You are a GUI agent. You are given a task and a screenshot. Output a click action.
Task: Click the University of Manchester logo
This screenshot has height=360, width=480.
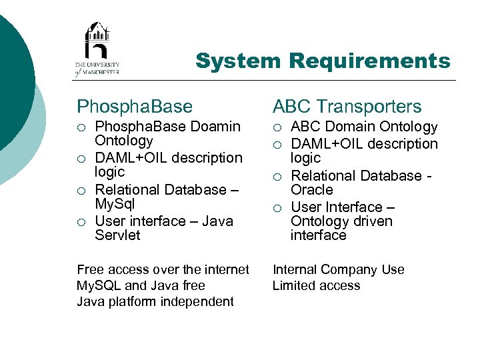pyautogui.click(x=97, y=48)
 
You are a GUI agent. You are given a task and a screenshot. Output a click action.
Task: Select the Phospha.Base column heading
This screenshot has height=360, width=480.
pyautogui.click(x=135, y=106)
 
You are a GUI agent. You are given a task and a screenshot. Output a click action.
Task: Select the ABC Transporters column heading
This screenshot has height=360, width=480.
pyautogui.click(x=347, y=106)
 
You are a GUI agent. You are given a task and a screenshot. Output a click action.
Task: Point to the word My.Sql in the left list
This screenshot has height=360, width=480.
pyautogui.click(x=115, y=203)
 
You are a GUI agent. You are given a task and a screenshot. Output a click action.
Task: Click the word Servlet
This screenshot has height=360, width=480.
pyautogui.click(x=117, y=235)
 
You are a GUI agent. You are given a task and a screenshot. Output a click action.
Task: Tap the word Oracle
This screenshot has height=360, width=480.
pyautogui.click(x=312, y=189)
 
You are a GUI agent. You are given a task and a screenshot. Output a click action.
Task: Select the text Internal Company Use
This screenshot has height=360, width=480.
pyautogui.click(x=338, y=269)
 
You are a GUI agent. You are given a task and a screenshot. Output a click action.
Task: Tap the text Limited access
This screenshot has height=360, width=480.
pyautogui.click(x=316, y=285)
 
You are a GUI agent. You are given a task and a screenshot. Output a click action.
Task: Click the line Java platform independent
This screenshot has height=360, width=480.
pyautogui.click(x=155, y=301)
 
